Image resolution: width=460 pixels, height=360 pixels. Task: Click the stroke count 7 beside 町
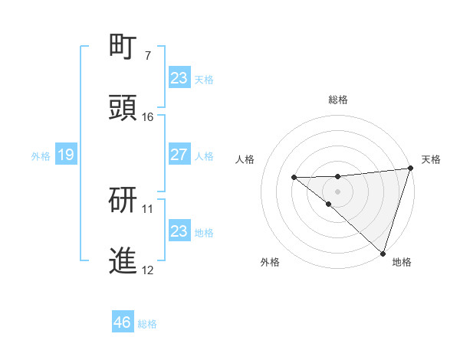tap(147, 56)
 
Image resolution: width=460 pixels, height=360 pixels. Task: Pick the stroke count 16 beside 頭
tap(147, 117)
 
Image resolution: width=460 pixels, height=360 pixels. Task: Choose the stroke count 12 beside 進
tap(147, 270)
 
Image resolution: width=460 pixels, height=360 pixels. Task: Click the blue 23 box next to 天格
tap(179, 78)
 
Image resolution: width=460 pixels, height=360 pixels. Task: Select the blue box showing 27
tap(179, 155)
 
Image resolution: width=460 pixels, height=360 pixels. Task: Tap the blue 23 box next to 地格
tap(179, 231)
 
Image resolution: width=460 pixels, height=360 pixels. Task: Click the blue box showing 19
tap(66, 155)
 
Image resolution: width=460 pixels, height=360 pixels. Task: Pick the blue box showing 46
tap(123, 322)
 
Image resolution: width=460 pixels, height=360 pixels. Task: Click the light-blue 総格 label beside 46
tap(147, 324)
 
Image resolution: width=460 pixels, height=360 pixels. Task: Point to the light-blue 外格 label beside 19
tap(41, 156)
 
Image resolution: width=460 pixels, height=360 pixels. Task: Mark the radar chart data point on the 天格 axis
tap(410, 169)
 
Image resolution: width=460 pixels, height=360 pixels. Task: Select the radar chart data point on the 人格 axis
tap(294, 178)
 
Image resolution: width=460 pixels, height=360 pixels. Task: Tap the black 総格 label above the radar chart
tap(338, 100)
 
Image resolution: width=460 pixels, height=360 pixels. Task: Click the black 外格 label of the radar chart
tap(270, 262)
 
